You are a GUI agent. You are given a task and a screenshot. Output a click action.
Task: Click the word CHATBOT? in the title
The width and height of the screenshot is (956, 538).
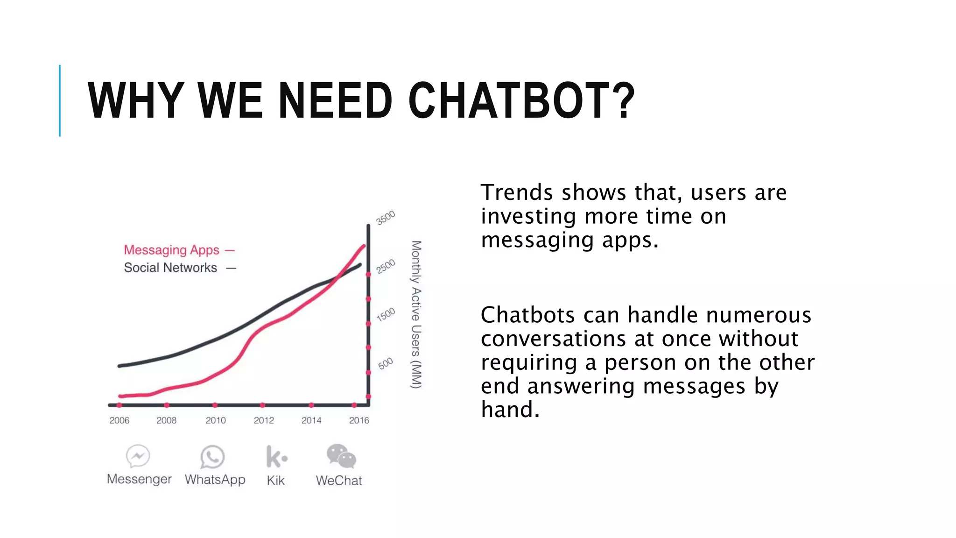(x=521, y=100)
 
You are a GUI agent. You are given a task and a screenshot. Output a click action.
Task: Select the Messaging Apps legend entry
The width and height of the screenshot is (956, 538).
(x=171, y=250)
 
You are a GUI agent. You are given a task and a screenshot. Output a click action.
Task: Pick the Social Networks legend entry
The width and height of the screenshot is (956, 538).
(x=170, y=268)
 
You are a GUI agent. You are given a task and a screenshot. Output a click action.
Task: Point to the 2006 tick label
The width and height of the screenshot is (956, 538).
(x=119, y=420)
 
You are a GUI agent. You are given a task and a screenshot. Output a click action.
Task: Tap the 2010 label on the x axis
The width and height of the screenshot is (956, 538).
(x=215, y=420)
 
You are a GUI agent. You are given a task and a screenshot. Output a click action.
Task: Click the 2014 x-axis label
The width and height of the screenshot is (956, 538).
(x=311, y=420)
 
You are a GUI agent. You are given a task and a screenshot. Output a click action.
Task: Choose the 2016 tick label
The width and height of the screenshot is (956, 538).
(x=359, y=420)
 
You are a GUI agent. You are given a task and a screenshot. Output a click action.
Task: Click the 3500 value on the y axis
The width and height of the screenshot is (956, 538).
(x=386, y=218)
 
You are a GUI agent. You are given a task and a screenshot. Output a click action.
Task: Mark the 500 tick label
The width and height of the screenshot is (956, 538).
(x=386, y=363)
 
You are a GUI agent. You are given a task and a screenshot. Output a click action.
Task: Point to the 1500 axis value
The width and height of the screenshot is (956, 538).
(x=386, y=314)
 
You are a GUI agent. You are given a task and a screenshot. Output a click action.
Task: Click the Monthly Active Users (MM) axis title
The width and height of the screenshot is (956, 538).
(x=416, y=314)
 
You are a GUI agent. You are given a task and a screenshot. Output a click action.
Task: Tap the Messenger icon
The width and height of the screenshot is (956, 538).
(x=138, y=456)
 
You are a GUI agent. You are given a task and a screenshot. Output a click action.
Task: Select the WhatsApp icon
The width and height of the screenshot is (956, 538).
(x=212, y=456)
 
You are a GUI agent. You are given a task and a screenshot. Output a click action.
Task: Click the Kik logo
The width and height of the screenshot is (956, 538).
(x=276, y=456)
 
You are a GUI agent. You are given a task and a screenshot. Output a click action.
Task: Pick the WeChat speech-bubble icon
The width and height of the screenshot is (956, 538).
(x=341, y=456)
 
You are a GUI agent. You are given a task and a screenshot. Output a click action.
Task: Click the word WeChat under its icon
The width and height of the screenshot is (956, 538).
(x=339, y=481)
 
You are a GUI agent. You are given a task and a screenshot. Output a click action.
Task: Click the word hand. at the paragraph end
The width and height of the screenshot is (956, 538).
(x=510, y=410)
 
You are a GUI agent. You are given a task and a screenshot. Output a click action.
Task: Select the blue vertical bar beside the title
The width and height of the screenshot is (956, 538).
(x=60, y=100)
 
